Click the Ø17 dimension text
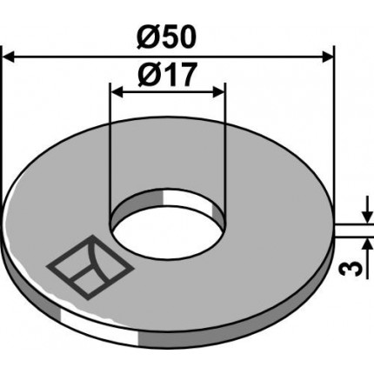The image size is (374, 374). [166, 77]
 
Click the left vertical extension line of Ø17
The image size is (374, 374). [109, 148]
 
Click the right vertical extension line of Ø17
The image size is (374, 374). [225, 148]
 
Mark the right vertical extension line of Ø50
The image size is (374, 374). [334, 130]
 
